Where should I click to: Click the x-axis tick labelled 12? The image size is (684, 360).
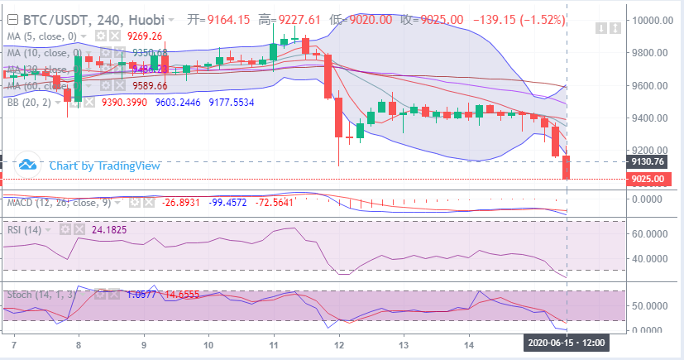[x=339, y=343]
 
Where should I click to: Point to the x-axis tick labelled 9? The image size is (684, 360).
[x=143, y=343]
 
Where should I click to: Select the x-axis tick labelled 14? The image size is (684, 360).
[x=469, y=343]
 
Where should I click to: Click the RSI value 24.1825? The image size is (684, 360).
[x=109, y=229]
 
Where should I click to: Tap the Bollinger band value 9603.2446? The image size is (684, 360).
[x=179, y=102]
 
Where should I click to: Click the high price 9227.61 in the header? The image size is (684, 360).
[x=302, y=17]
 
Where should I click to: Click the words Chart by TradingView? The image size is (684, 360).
[x=104, y=165]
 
